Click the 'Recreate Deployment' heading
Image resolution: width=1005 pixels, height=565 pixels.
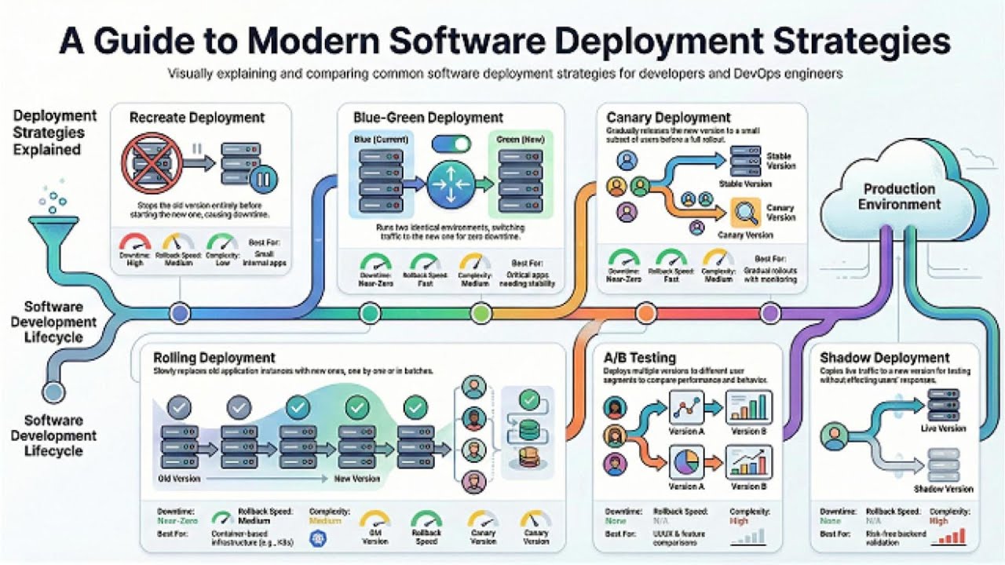197,118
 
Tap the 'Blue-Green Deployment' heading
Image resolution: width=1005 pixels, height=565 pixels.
428,118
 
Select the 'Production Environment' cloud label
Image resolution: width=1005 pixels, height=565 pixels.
899,197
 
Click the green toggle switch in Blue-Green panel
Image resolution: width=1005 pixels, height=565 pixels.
451,144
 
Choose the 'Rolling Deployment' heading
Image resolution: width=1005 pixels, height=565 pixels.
214,358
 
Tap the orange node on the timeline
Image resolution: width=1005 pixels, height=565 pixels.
645,314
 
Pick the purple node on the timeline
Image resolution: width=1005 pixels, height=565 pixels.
770,314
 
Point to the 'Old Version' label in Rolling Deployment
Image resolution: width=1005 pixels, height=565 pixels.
179,479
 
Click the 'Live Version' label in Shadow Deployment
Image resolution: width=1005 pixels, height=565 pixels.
943,429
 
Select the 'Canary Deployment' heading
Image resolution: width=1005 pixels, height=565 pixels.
668,118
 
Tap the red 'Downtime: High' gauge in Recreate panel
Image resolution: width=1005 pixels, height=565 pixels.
135,242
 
